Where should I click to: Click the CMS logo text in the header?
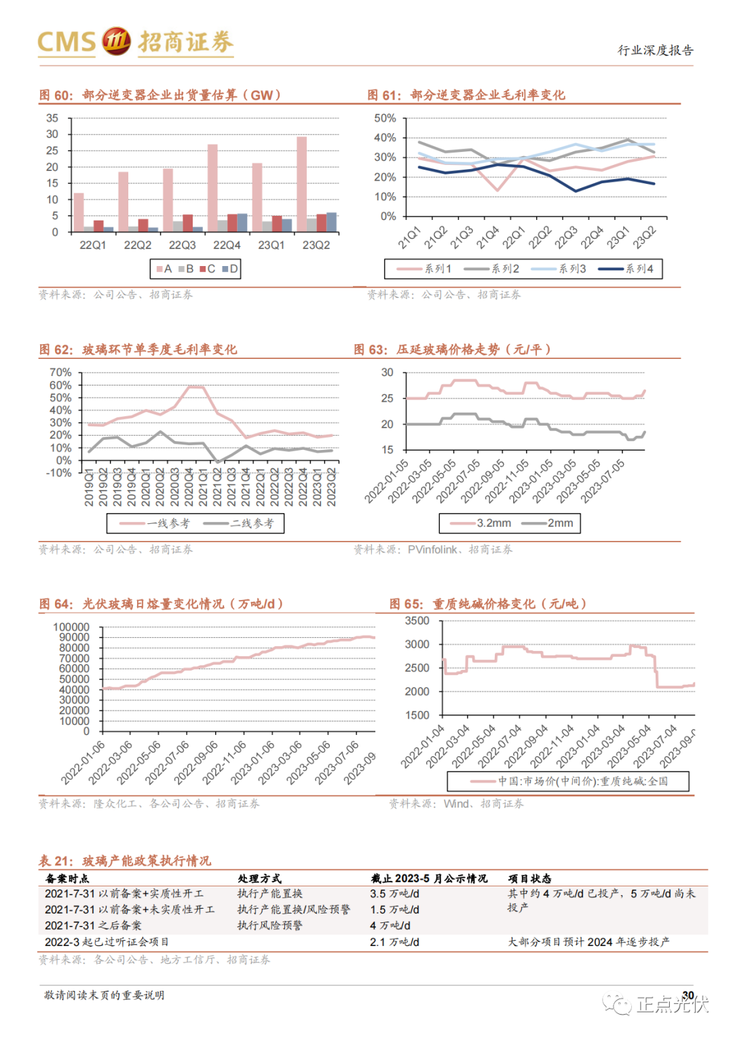(x=67, y=42)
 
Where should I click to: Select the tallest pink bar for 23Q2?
(x=302, y=183)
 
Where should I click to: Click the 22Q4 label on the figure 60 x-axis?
(x=227, y=245)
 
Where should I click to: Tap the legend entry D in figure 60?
(x=230, y=269)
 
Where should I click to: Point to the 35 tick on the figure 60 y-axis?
(x=52, y=118)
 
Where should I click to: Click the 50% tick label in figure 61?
(x=385, y=118)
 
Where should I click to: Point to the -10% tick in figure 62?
(x=58, y=473)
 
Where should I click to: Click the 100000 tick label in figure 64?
(x=71, y=627)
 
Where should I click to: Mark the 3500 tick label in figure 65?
(x=417, y=621)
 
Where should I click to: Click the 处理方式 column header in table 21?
(x=259, y=878)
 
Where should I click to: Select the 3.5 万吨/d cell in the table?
(x=394, y=894)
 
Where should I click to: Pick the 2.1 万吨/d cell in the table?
(x=394, y=942)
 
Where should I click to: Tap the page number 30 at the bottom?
(x=688, y=995)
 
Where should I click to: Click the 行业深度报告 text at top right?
(x=655, y=50)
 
